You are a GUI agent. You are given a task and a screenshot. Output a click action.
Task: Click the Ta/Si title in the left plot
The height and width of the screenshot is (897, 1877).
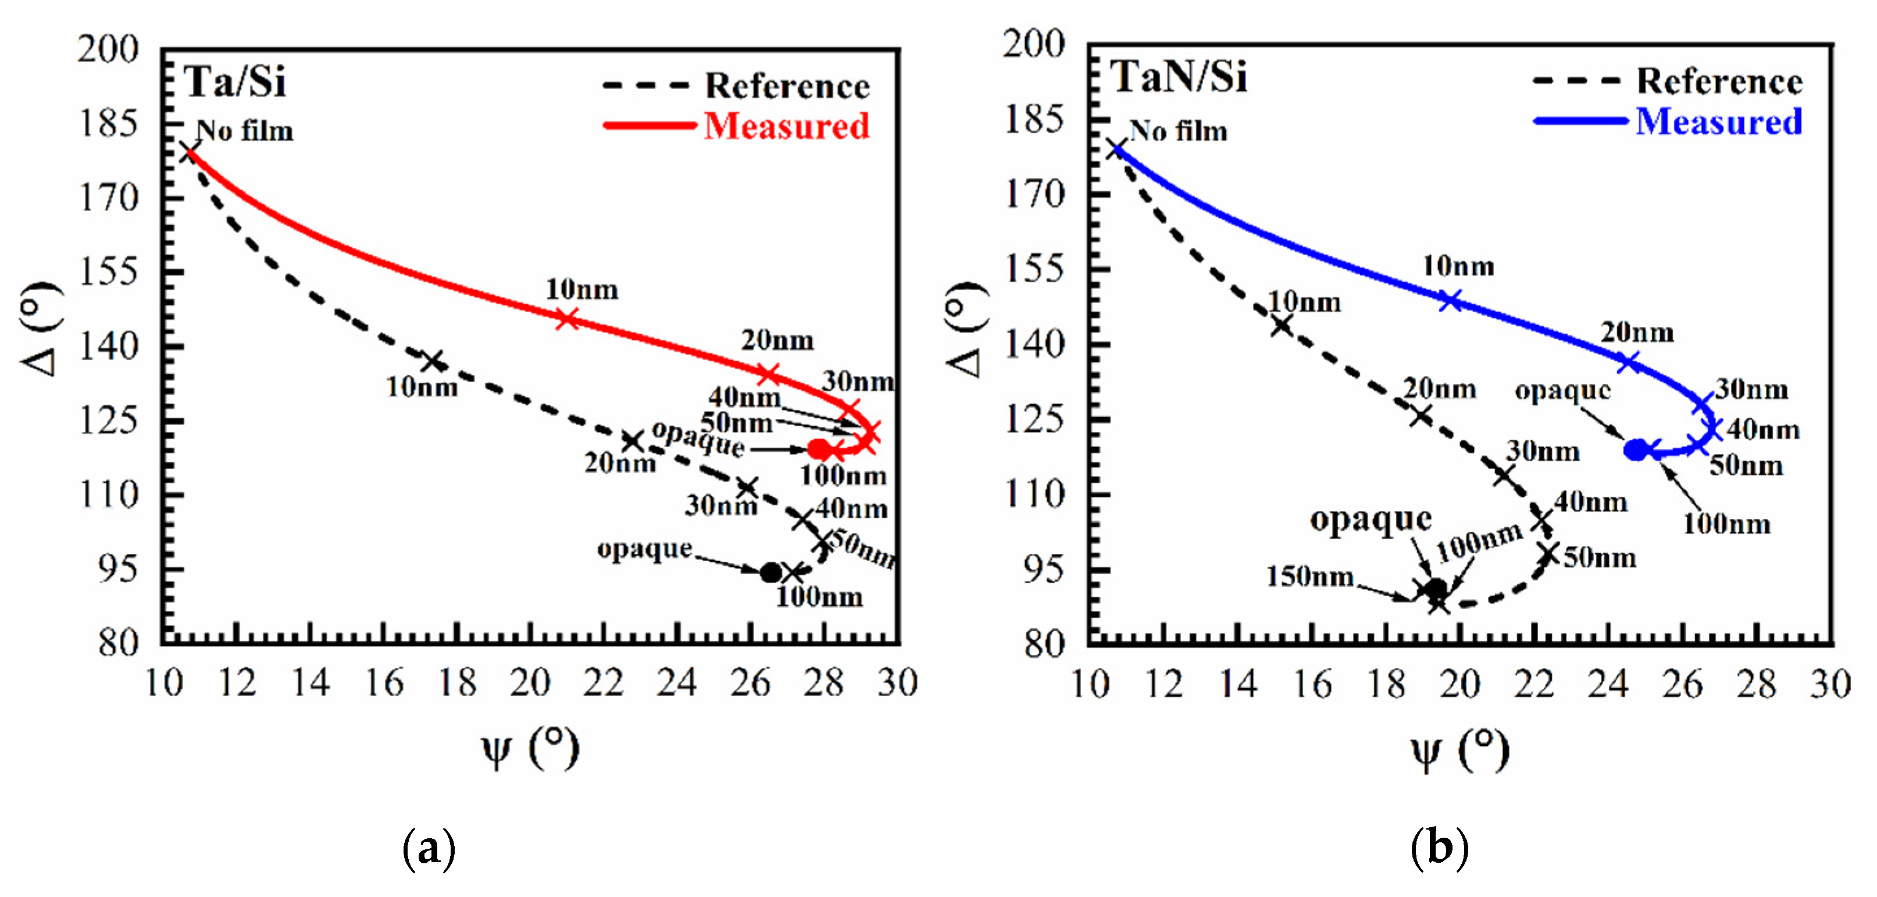[x=235, y=81]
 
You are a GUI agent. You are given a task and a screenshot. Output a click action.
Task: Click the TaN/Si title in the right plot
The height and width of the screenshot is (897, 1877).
[x=1178, y=77]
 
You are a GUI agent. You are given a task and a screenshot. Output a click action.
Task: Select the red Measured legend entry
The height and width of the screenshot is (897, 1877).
[x=786, y=126]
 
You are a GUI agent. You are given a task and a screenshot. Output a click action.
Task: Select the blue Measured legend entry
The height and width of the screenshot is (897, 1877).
[x=1718, y=121]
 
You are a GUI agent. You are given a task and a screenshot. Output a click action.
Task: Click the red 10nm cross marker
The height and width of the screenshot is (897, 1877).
[x=567, y=319]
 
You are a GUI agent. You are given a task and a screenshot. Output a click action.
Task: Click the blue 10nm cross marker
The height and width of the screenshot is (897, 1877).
[x=1451, y=300]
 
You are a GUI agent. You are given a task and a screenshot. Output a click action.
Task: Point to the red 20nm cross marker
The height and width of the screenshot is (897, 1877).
[x=768, y=374]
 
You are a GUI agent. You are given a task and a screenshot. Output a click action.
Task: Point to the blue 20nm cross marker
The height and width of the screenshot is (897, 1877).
[x=1629, y=362]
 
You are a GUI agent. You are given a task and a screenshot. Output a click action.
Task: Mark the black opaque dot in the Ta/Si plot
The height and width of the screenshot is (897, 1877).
[x=770, y=573]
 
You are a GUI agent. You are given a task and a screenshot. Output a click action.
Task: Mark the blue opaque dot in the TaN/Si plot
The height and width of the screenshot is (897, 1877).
[x=1636, y=451]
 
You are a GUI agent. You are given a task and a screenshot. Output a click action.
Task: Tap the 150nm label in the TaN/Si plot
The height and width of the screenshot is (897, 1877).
[x=1309, y=576]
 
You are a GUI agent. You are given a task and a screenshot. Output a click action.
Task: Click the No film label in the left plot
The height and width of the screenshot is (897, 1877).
[x=245, y=131]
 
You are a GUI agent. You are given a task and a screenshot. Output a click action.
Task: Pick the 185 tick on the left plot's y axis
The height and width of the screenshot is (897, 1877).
[x=108, y=123]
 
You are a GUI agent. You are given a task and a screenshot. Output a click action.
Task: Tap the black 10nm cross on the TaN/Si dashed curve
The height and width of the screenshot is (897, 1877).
[x=1281, y=326]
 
